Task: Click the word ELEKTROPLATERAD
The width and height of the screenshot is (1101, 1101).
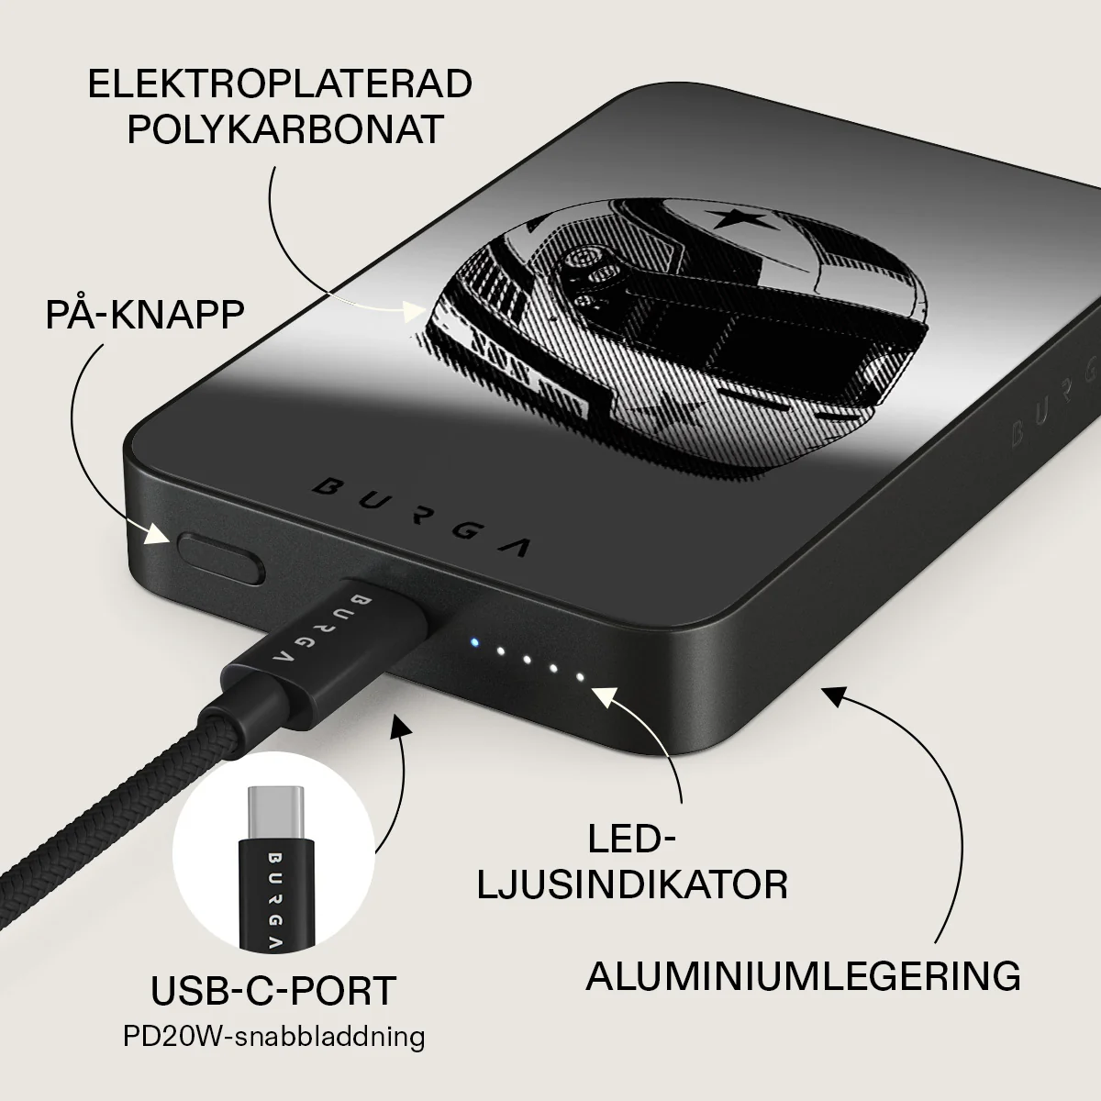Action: tap(280, 83)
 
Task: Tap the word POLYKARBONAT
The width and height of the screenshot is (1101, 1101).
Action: tap(285, 129)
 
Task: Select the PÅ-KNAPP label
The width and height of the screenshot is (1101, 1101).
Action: tap(145, 314)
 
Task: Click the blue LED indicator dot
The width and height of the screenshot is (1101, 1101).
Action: tap(473, 641)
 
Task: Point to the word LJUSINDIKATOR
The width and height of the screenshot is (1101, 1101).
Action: tap(632, 885)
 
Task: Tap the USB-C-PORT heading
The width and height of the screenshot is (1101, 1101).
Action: tap(273, 990)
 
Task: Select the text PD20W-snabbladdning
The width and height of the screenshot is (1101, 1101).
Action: tap(273, 1037)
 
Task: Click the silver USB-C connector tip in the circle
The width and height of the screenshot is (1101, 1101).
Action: tap(274, 814)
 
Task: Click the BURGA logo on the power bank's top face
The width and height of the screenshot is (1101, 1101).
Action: tap(420, 517)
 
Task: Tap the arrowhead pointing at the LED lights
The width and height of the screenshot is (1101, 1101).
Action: tap(606, 698)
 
